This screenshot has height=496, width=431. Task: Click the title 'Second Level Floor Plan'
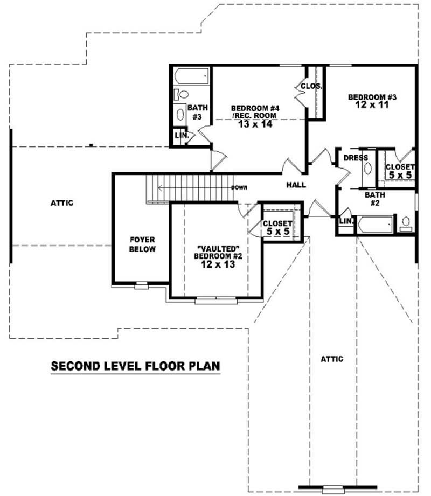coord(135,366)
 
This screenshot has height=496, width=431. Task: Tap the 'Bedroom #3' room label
coord(372,97)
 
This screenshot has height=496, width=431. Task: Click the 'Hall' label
coord(296,185)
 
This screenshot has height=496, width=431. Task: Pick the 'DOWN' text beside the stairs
coord(239,188)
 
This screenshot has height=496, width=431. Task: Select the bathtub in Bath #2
coord(375,224)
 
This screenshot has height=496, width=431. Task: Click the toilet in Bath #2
coord(406,222)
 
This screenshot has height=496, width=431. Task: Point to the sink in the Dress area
coord(368,168)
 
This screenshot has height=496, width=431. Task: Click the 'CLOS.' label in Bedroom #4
coord(311,86)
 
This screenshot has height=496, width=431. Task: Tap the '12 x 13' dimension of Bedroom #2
coord(218,264)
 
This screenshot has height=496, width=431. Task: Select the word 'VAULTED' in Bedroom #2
coord(217,248)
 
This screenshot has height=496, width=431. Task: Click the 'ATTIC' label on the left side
coord(61,203)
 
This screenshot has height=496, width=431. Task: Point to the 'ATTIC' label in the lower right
coord(331,359)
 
